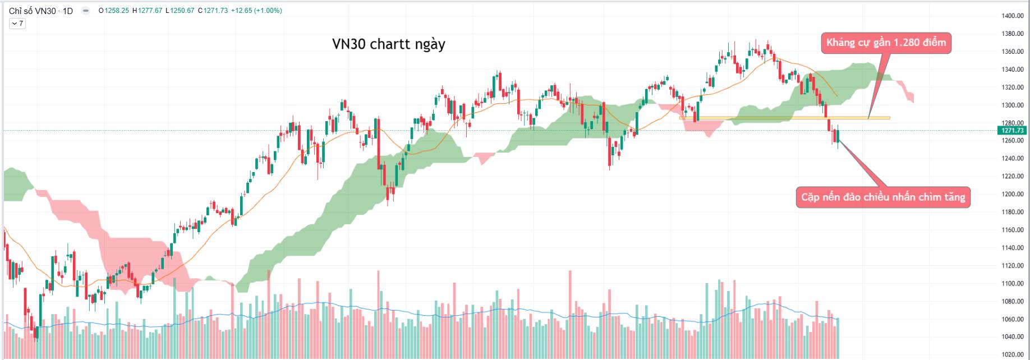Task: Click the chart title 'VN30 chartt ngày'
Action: [x=388, y=44]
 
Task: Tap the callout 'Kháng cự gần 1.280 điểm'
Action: [x=886, y=43]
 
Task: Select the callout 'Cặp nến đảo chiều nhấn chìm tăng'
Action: [x=883, y=197]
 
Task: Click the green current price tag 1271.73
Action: [x=1012, y=130]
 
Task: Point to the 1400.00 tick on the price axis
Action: [x=1013, y=16]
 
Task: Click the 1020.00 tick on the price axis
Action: [x=1013, y=354]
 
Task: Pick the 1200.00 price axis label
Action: [x=1013, y=194]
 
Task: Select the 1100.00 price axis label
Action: [x=1013, y=283]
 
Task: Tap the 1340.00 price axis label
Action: [x=1013, y=70]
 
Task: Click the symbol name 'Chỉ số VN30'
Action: [x=32, y=11]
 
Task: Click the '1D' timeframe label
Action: [x=67, y=11]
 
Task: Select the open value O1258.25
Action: [x=114, y=11]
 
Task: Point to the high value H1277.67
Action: [x=148, y=11]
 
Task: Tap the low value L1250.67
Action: [x=180, y=11]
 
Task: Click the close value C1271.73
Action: [x=213, y=11]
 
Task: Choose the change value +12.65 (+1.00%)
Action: [x=256, y=11]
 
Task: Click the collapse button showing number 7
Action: [x=17, y=24]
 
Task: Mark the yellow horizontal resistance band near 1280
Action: [x=785, y=118]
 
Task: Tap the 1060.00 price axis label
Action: [x=1013, y=319]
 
